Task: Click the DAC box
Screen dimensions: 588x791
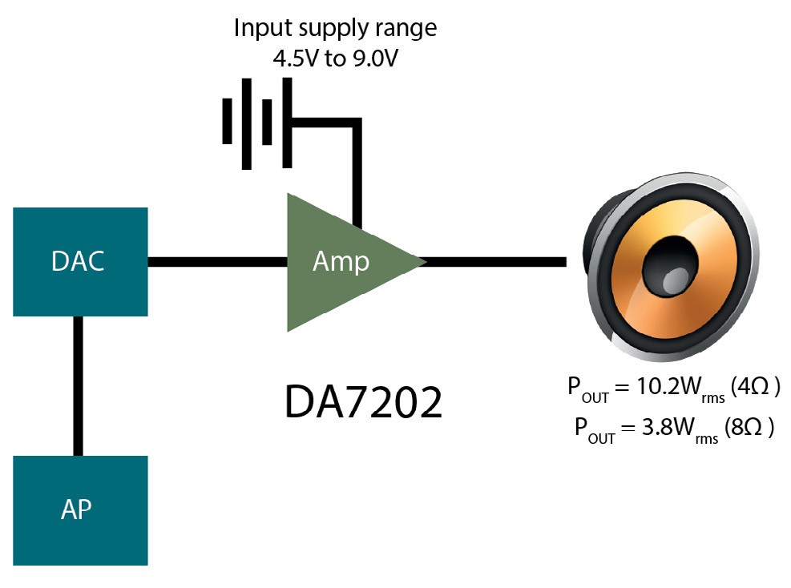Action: tap(80, 261)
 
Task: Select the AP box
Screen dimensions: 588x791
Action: tap(80, 509)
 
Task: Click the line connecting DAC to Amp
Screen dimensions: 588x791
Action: tap(216, 261)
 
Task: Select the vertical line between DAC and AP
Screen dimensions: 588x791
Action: tap(78, 385)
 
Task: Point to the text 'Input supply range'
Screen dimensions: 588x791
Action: tap(335, 29)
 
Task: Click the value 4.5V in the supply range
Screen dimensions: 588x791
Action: tap(293, 58)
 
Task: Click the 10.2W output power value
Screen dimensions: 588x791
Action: tap(658, 388)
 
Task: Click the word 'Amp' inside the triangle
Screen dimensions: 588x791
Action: tap(341, 261)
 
